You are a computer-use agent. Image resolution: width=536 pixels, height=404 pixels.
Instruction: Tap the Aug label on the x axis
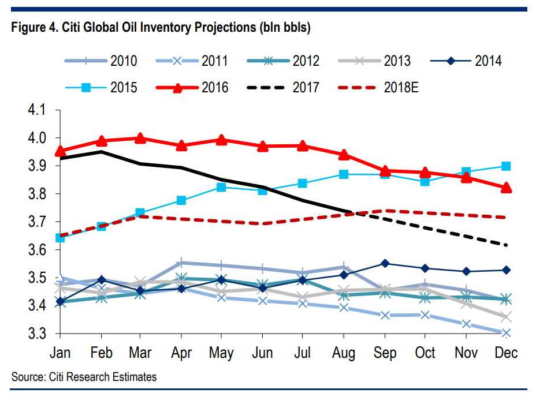(344, 353)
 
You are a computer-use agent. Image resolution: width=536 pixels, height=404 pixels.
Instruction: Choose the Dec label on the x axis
(506, 353)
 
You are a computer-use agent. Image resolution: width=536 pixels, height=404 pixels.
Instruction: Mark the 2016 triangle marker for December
(506, 188)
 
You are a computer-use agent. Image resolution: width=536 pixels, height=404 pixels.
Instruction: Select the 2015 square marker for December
(506, 166)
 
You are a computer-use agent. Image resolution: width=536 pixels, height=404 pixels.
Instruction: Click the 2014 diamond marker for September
(385, 264)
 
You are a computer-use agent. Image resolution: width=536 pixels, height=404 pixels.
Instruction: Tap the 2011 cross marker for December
(506, 333)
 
